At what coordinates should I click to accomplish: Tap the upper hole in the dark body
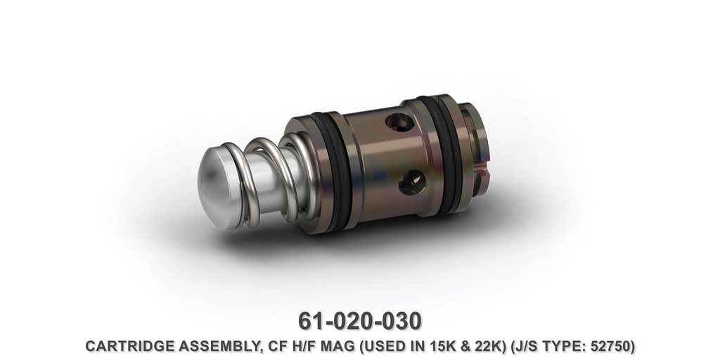point(399,123)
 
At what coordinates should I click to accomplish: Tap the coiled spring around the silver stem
point(271,183)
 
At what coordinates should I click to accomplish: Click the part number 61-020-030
point(360,320)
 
